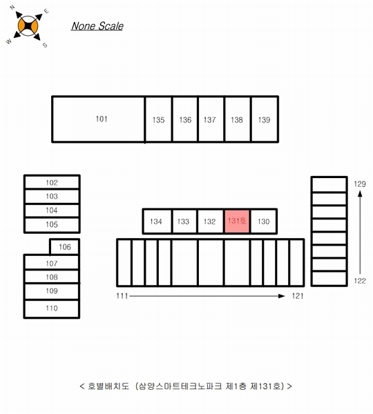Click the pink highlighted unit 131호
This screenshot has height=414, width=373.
pos(237,221)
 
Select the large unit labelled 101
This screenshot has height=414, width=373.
pos(98,119)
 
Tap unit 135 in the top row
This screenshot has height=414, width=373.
pos(158,119)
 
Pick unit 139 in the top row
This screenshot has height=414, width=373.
pos(265,119)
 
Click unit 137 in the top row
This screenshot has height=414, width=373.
pos(211,119)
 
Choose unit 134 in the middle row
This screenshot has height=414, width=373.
pos(157,221)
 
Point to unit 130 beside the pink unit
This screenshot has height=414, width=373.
pos(263,221)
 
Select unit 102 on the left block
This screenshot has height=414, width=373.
pos(52,182)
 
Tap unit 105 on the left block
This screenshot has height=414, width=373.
pos(52,225)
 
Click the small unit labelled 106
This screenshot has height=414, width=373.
pos(64,247)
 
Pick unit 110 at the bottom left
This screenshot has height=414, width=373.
pos(52,308)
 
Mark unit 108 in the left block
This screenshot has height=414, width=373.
pos(52,277)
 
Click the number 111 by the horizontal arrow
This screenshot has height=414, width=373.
pos(122,296)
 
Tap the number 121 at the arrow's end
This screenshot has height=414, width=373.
pos(298,296)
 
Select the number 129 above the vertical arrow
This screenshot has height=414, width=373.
pos(360,184)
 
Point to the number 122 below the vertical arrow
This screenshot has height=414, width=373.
pos(360,281)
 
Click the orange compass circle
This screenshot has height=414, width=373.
pos(28,26)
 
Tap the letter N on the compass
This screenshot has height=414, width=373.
pos(12,8)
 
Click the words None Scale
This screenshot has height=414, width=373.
pos(97,26)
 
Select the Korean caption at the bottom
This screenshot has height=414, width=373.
pos(186,386)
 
